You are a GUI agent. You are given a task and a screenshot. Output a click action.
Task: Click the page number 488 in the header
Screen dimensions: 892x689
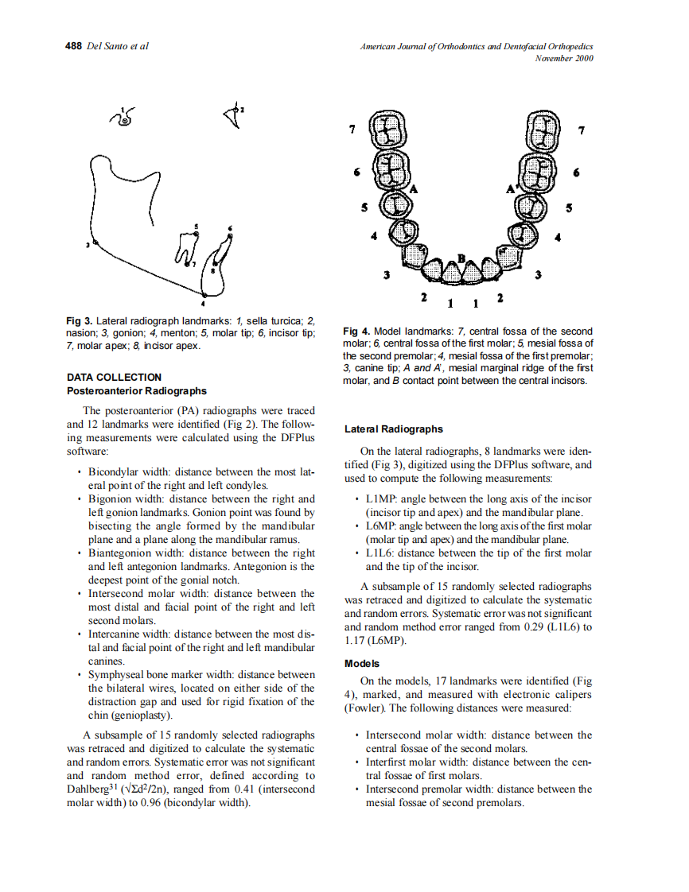pyautogui.click(x=73, y=46)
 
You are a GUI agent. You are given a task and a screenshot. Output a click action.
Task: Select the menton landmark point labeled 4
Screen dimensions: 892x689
pyautogui.click(x=203, y=294)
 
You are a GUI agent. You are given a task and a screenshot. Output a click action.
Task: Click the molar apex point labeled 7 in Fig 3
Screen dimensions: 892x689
pyautogui.click(x=188, y=265)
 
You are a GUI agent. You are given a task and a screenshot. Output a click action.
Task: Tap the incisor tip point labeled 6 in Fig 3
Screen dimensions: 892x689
pyautogui.click(x=229, y=235)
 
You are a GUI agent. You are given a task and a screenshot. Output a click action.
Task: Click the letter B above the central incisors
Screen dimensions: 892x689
pyautogui.click(x=461, y=258)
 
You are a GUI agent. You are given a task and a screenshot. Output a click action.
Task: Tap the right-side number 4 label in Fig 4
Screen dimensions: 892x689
pyautogui.click(x=557, y=237)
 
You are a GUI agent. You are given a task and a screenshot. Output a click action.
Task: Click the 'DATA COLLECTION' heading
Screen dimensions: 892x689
pyautogui.click(x=114, y=378)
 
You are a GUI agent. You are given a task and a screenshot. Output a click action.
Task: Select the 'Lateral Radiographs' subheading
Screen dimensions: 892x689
pyautogui.click(x=393, y=429)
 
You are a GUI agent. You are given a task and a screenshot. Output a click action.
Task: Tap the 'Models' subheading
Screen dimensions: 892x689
pyautogui.click(x=362, y=663)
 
